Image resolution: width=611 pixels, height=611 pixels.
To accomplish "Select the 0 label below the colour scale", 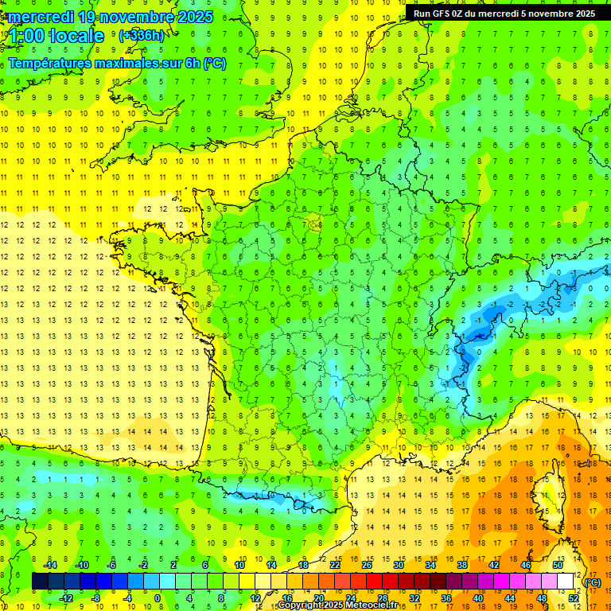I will pos(158,598).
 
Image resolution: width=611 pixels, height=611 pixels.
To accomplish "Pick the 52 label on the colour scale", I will pos(574,598).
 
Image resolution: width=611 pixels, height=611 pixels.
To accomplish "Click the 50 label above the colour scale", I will pos(558,564).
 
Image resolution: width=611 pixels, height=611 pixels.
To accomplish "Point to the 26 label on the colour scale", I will pos(367,564).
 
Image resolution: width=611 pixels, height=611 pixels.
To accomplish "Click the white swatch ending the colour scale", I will pos(566,582).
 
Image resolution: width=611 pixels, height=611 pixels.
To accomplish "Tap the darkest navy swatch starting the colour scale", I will pos(40,582).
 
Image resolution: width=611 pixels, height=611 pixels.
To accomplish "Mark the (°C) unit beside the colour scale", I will pos(593,582).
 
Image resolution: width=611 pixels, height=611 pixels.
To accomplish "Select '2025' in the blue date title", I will pos(195,17).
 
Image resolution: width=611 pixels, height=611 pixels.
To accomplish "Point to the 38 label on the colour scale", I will pos(462,564).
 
